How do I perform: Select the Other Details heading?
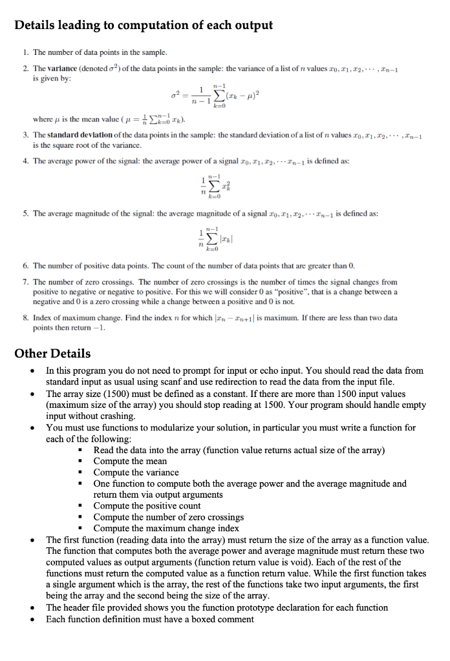52,353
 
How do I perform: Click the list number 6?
25,265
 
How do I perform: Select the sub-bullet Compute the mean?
130,461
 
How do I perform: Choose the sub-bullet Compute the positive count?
147,505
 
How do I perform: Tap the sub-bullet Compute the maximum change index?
166,528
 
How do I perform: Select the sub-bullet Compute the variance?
136,472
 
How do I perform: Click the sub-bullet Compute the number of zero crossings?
168,517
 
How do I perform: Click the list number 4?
25,161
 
